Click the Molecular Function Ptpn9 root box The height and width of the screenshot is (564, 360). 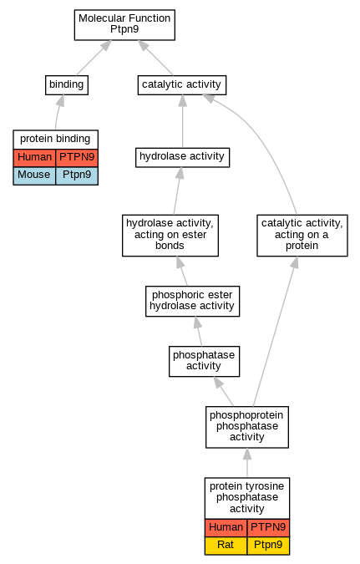point(124,25)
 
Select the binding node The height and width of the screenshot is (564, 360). point(67,85)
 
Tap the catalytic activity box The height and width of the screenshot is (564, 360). point(182,85)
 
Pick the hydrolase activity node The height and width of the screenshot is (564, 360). point(182,157)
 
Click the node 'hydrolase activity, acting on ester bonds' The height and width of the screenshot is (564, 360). point(170,236)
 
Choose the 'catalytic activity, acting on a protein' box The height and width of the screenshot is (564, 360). point(302,236)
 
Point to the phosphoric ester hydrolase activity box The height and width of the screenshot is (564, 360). point(192,301)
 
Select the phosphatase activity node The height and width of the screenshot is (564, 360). point(204,361)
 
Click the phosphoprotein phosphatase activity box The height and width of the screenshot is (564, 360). point(247,427)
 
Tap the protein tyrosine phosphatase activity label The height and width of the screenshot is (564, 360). point(247,498)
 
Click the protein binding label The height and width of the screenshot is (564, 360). point(55,140)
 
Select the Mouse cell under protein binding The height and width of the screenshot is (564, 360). point(34,176)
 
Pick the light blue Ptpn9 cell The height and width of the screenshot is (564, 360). point(77,176)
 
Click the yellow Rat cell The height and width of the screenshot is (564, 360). point(226,546)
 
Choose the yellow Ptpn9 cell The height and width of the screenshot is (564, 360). point(268,546)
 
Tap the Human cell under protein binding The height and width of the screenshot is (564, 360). point(34,158)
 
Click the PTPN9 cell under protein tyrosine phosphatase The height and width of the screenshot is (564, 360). point(268,528)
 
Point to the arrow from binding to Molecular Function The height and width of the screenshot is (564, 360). point(94,58)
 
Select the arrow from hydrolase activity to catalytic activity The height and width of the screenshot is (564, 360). point(182,121)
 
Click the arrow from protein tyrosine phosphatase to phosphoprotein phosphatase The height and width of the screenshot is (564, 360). point(247,463)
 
